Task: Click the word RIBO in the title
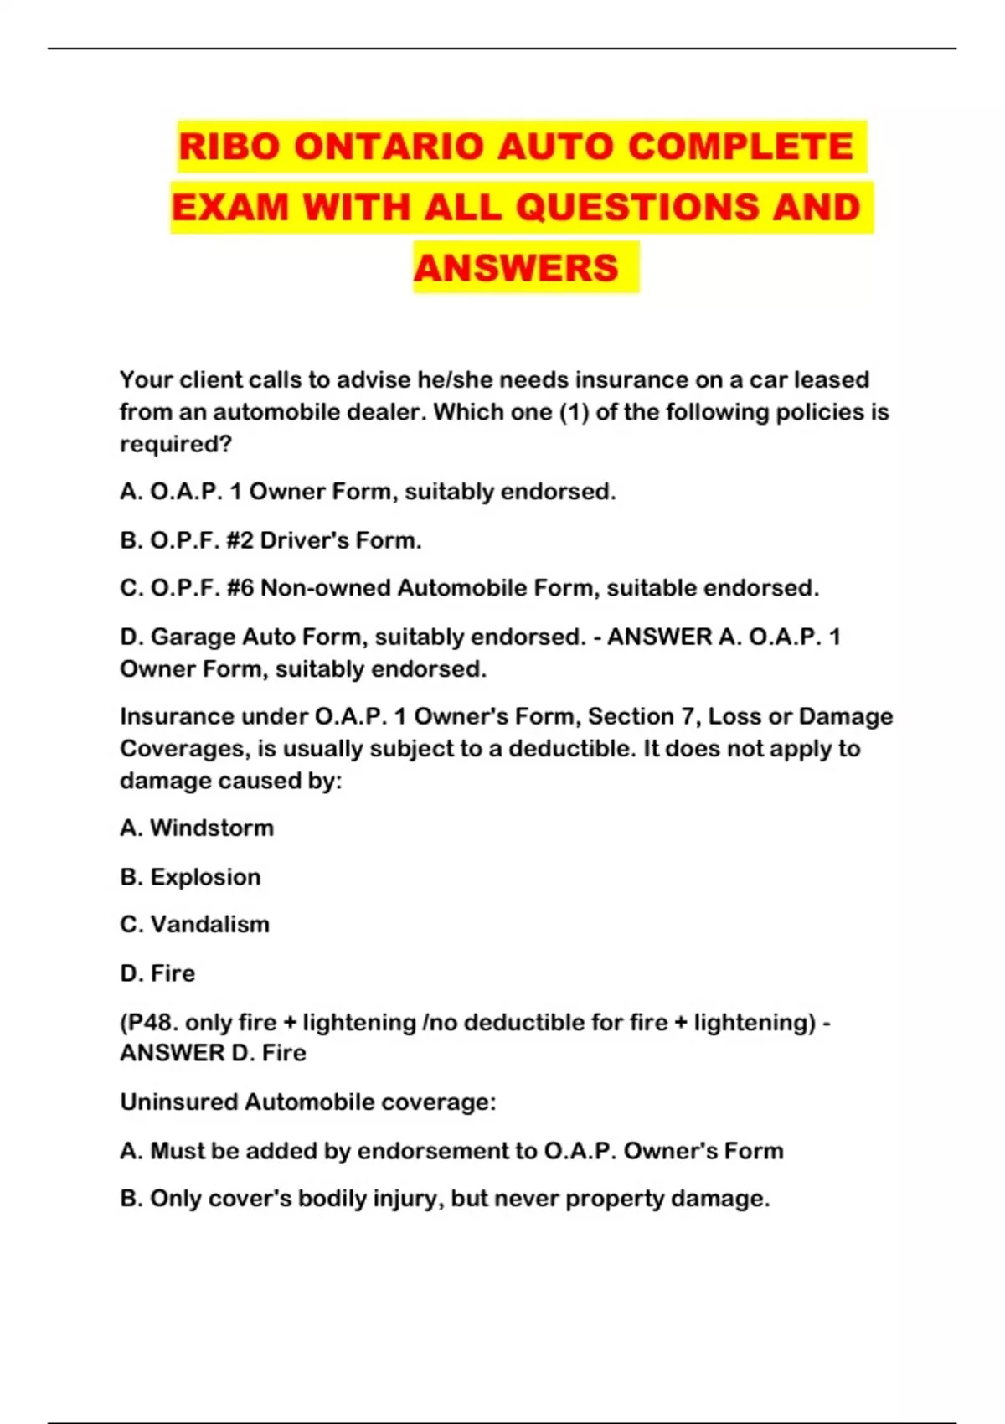(x=229, y=147)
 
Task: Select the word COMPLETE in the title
(x=740, y=147)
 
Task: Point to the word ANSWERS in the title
(x=516, y=268)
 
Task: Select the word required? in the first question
(x=175, y=444)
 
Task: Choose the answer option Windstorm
(x=211, y=828)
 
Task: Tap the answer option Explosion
(x=205, y=877)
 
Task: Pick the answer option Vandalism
(x=209, y=925)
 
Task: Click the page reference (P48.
(x=149, y=1023)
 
